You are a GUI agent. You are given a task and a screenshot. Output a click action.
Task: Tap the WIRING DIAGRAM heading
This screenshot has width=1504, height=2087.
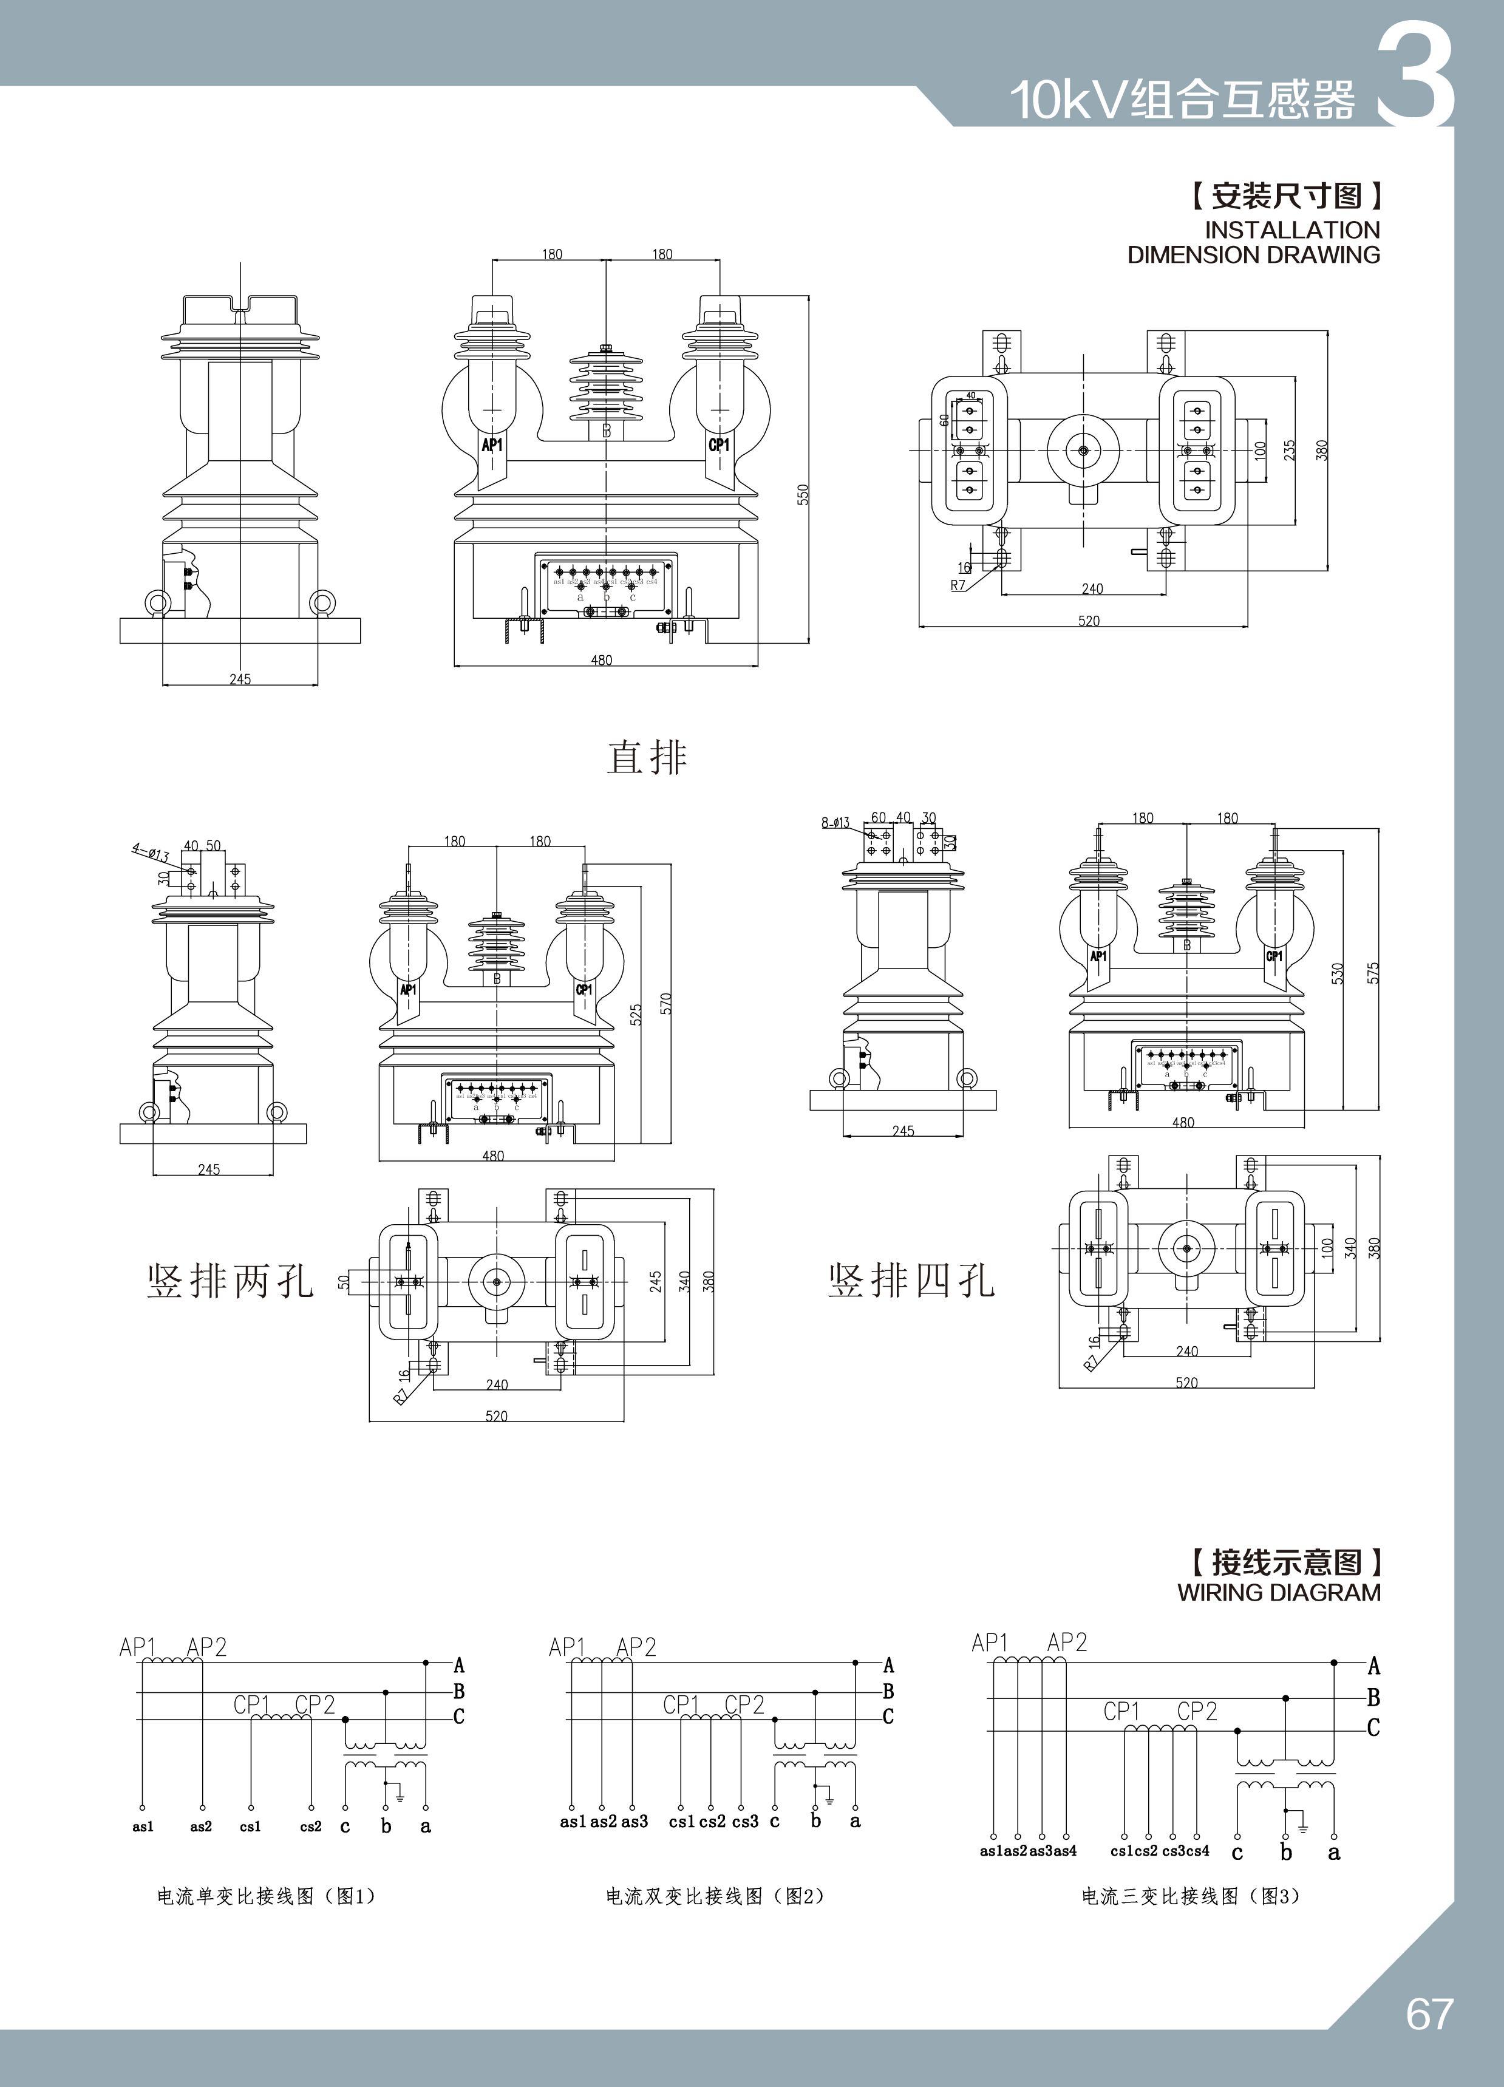[x=1279, y=1592]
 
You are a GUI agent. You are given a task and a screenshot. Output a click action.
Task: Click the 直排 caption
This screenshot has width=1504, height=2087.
[x=647, y=757]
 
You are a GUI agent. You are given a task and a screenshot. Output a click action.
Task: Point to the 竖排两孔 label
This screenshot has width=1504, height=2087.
[x=230, y=1281]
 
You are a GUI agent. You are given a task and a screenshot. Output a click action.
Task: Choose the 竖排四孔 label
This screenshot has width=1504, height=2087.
[x=911, y=1281]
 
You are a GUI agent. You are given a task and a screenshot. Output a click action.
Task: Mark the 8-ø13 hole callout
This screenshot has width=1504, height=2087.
[x=835, y=822]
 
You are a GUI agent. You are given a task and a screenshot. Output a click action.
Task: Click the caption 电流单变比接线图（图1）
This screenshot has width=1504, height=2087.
[x=267, y=1896]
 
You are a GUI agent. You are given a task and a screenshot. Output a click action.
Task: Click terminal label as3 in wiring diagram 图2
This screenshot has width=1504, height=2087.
[x=635, y=1821]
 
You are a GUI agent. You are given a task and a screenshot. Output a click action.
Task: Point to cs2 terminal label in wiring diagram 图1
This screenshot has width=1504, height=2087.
[x=311, y=1827]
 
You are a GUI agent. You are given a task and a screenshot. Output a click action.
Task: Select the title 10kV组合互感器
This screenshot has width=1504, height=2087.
[x=1182, y=100]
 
